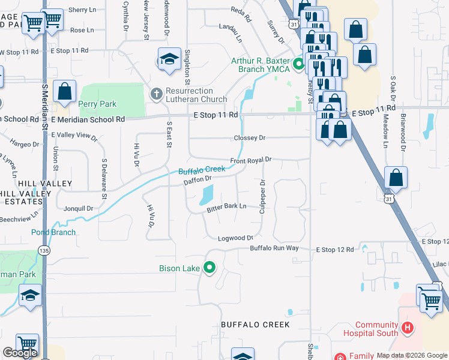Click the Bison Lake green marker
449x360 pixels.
[209, 268]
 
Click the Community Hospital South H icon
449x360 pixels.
[408, 328]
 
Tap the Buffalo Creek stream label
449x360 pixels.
[202, 170]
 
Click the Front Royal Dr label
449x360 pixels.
[251, 160]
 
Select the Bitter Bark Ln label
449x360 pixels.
[226, 206]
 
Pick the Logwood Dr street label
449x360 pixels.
[235, 238]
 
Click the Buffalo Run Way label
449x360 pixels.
[274, 248]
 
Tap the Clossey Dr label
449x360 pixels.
[249, 138]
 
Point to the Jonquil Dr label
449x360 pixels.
[79, 209]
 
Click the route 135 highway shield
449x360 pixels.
[43, 250]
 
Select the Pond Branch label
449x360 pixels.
[53, 232]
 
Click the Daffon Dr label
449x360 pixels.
[197, 179]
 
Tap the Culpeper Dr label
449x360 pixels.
[262, 196]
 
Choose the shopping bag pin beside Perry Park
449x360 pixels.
[65, 92]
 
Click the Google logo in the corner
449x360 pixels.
[20, 353]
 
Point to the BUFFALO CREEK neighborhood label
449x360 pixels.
[255, 325]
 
